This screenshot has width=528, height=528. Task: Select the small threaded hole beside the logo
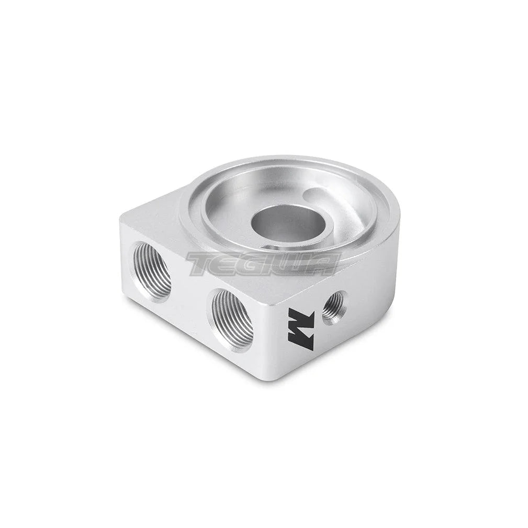point(333,308)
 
